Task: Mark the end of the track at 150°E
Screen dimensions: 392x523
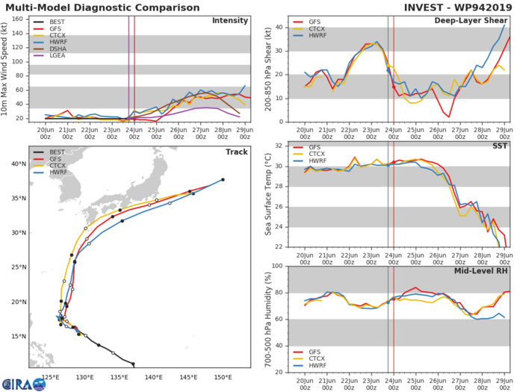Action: (223, 179)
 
